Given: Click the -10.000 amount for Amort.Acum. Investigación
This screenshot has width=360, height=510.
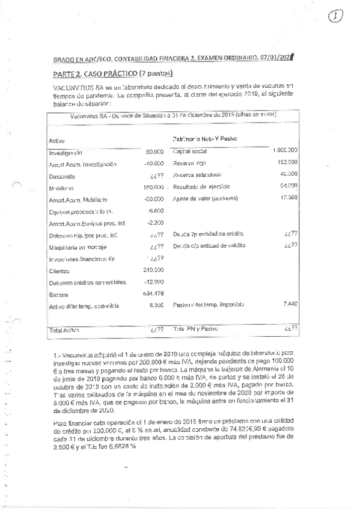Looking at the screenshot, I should (x=154, y=164).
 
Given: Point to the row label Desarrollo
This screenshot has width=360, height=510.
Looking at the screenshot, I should (x=64, y=176).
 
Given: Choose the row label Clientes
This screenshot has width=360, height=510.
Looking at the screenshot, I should (x=61, y=270).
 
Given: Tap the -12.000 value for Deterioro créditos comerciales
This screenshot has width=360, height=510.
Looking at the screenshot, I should (x=154, y=282).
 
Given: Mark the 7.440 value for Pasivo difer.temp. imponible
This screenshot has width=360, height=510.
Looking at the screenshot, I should (x=290, y=306).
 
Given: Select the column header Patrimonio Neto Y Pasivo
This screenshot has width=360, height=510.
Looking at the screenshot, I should (x=204, y=139).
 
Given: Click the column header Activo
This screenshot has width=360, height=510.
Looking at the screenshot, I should (x=57, y=141).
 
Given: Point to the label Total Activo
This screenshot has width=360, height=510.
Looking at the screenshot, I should (x=65, y=330).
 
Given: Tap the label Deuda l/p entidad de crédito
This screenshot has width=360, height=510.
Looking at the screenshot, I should (x=210, y=234).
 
